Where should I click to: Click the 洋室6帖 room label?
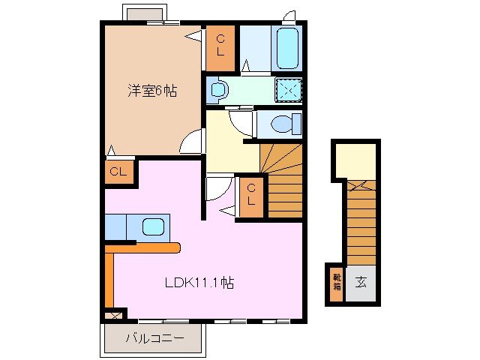click(151, 92)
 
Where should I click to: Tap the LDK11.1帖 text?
click(199, 283)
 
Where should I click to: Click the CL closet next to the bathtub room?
click(221, 45)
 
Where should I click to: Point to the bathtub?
click(289, 48)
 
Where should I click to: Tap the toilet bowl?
click(285, 123)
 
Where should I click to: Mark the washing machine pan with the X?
click(287, 89)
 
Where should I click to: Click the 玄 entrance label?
click(361, 282)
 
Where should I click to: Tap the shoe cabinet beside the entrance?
click(334, 283)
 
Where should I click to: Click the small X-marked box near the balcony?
click(114, 316)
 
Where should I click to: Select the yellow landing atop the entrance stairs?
click(354, 160)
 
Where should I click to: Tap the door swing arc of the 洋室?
click(193, 141)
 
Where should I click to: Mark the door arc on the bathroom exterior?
click(289, 15)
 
